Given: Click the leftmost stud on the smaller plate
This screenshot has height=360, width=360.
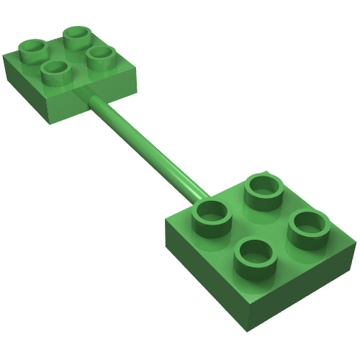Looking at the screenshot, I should coord(33,49).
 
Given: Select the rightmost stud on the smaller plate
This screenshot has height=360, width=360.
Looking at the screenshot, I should coord(100,56).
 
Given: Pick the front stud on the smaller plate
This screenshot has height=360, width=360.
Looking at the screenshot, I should coord(55,71).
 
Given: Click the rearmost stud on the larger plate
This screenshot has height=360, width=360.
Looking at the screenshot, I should coord(262,187).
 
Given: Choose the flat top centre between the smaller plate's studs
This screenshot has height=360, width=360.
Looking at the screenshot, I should coord(67,53).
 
